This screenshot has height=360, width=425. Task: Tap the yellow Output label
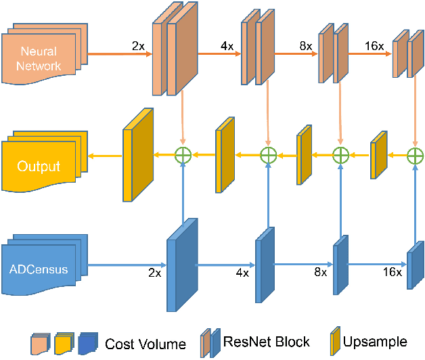tap(39, 166)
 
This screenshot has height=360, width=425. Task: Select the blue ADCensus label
tap(39, 269)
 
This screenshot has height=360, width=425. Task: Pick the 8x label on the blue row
tap(320, 272)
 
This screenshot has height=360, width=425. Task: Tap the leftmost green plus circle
tap(183, 155)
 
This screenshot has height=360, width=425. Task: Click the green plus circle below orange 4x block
tap(269, 155)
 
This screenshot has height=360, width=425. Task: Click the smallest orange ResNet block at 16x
tap(409, 56)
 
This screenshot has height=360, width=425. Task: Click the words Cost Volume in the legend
tap(145, 344)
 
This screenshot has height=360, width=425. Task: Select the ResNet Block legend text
tap(266, 342)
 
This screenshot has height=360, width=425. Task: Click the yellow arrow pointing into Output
tap(105, 156)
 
